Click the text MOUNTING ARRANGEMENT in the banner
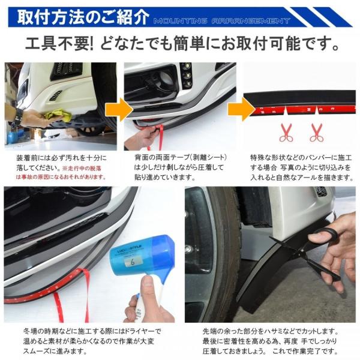[221, 20]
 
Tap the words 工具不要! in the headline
[65, 45]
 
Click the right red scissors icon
[316, 131]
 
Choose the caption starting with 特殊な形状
[300, 167]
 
